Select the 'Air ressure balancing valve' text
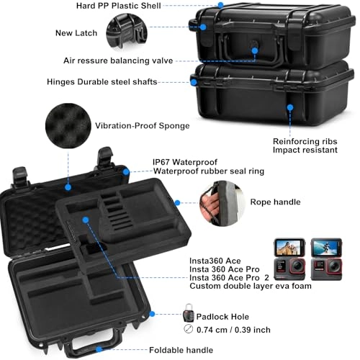[127, 60]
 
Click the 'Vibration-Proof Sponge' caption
[146, 126]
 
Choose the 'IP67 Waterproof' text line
[185, 162]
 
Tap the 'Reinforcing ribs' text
[305, 141]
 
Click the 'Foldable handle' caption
[181, 350]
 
